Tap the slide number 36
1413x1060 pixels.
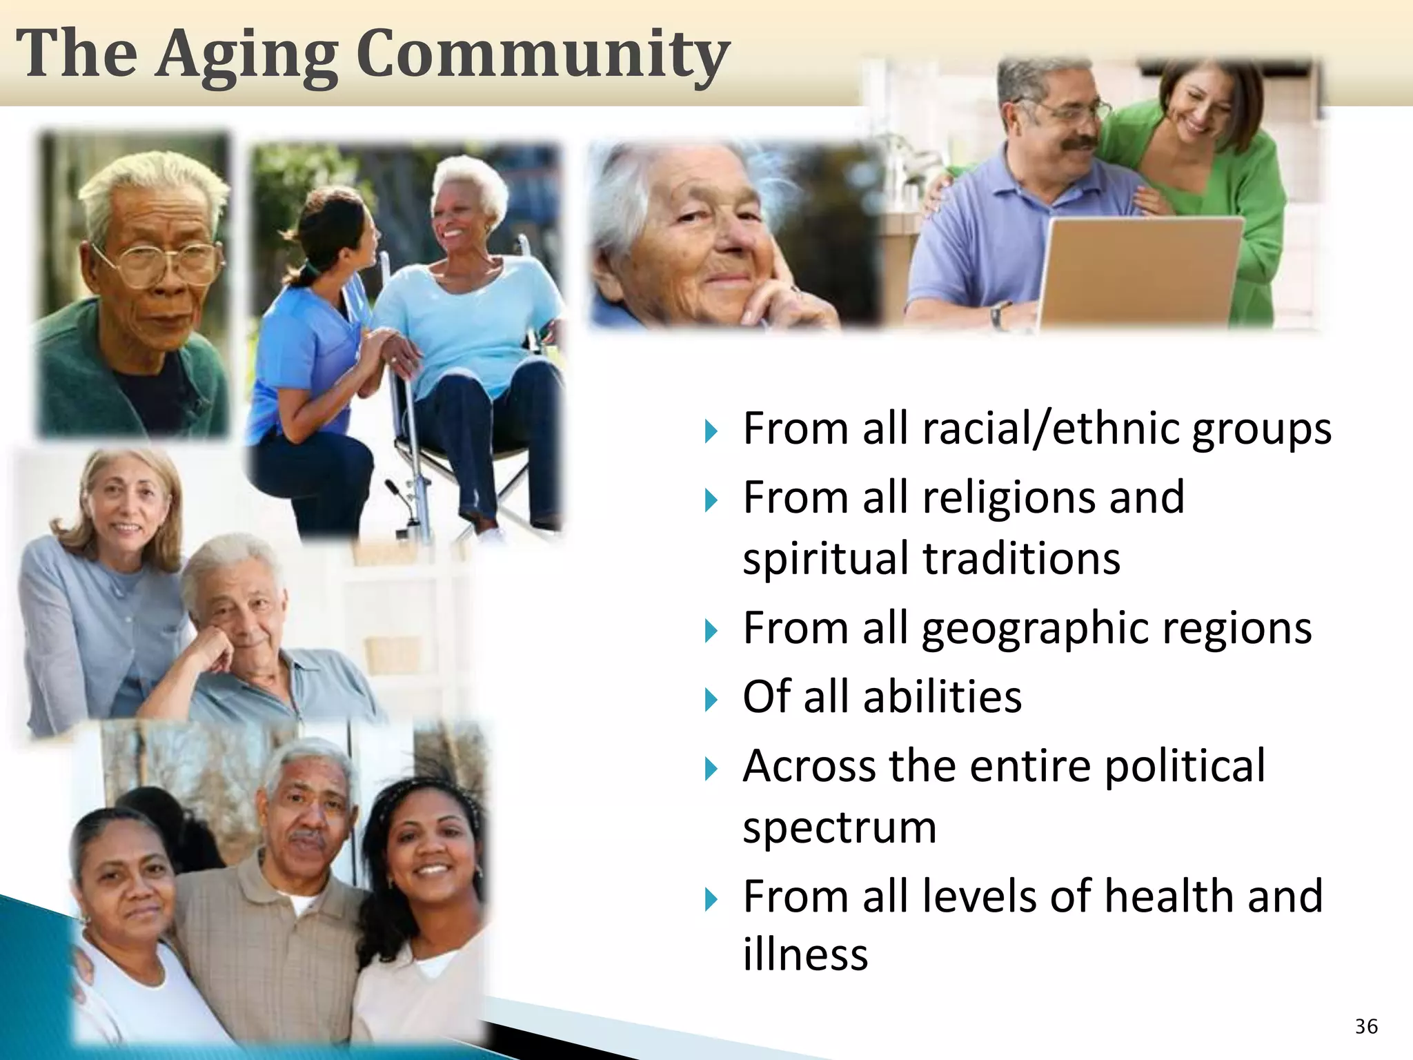click(1366, 1026)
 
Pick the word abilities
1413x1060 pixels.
click(942, 696)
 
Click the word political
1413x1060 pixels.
click(1185, 766)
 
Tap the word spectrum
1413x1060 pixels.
click(840, 827)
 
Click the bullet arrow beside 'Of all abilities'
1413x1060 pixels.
click(711, 700)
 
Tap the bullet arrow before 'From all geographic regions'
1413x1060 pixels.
click(711, 631)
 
